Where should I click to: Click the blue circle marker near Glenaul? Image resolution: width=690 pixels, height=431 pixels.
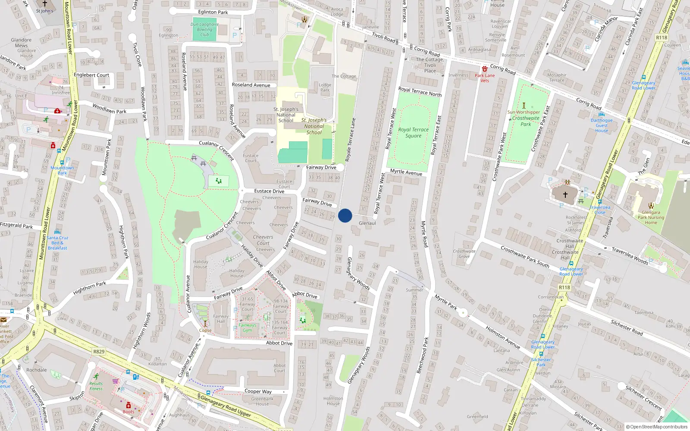[345, 215]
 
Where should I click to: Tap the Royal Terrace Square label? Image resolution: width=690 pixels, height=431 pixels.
[413, 133]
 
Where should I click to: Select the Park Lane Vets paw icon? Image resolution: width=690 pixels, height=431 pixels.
[485, 69]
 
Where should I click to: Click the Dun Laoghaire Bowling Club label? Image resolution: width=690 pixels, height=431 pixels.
[204, 29]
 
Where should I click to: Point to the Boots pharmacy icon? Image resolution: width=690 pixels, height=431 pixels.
[128, 405]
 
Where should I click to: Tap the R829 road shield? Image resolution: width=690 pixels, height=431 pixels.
[99, 352]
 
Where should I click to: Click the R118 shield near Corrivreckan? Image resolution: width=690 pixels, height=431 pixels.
[564, 287]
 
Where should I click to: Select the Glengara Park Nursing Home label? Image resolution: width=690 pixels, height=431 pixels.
[651, 217]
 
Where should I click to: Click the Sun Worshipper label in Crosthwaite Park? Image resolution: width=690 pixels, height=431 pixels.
[524, 112]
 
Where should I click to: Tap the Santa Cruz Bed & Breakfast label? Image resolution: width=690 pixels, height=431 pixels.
[57, 243]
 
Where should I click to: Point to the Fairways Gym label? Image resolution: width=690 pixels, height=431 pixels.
[247, 328]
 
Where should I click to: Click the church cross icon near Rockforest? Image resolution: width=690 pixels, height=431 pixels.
[565, 195]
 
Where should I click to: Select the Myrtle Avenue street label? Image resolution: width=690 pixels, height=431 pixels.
[406, 172]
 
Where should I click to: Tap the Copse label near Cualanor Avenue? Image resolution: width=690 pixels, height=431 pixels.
[205, 331]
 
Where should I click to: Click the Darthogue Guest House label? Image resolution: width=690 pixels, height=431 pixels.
[602, 125]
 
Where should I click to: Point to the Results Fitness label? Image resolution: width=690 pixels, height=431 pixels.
[96, 386]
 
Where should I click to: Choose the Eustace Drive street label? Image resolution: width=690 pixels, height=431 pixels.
[269, 191]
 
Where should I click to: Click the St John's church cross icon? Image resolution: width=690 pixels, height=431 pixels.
[44, 4]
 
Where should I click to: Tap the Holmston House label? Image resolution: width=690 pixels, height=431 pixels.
[333, 401]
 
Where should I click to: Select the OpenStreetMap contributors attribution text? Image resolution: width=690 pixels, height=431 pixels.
[657, 427]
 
